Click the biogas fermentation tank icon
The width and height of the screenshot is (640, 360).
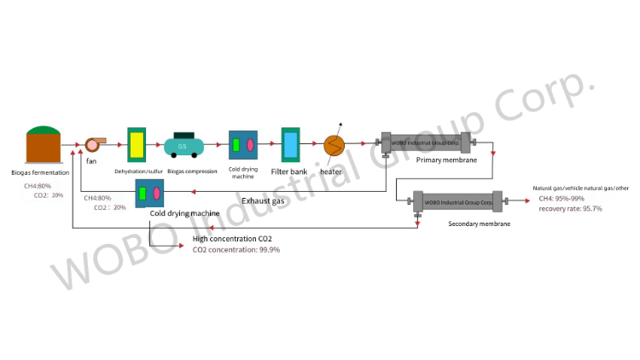[x=44, y=145]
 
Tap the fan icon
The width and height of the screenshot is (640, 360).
[x=91, y=144]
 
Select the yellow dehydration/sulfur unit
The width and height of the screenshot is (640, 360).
[x=137, y=145]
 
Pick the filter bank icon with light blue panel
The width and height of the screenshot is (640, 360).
[x=291, y=145]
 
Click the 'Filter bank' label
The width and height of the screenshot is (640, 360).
[x=289, y=171]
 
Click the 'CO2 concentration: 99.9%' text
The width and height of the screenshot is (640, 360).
[x=236, y=250]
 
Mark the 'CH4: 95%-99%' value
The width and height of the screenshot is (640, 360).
[x=562, y=199]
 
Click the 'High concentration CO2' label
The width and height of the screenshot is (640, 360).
[x=232, y=239]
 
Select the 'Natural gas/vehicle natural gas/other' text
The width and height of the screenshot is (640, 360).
[x=580, y=188]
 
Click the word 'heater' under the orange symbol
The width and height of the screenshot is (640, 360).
[x=331, y=171]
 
